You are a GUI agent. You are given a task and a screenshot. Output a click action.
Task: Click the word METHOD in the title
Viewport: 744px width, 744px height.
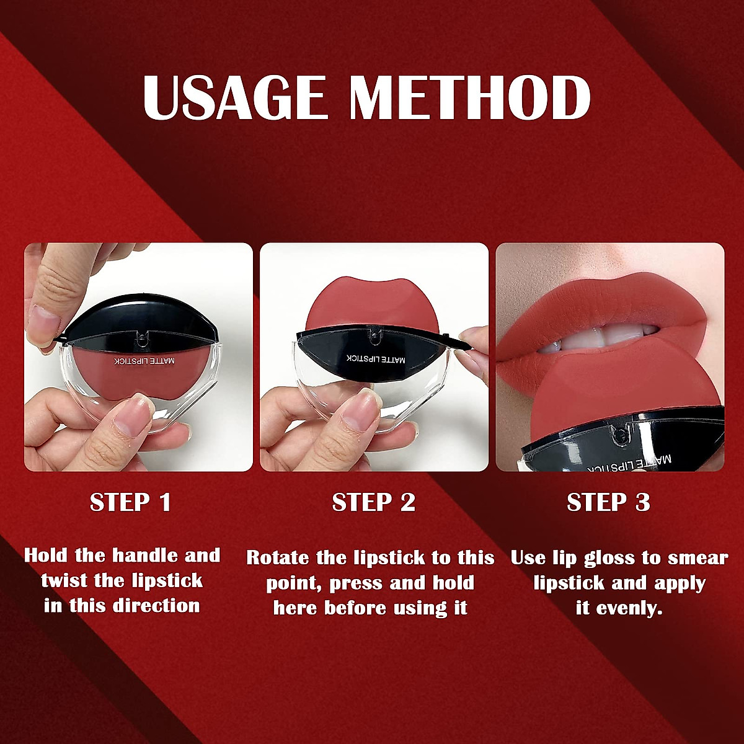pyautogui.click(x=469, y=98)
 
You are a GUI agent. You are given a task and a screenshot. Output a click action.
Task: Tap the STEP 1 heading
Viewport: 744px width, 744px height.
pyautogui.click(x=130, y=502)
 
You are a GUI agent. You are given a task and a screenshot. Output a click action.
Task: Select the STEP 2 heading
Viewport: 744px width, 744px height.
pyautogui.click(x=374, y=502)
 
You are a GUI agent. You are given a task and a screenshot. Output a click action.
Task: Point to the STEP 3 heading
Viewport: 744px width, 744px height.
pyautogui.click(x=608, y=502)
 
